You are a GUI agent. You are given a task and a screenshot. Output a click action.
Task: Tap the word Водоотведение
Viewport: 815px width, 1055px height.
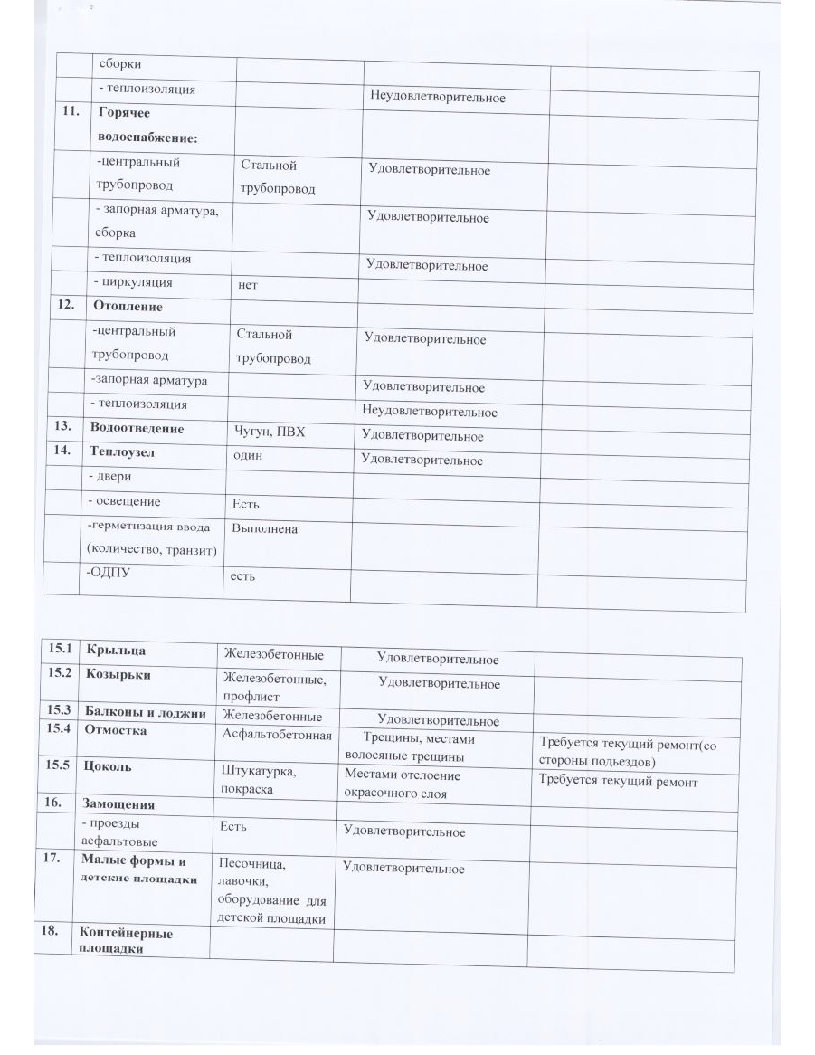pos(137,428)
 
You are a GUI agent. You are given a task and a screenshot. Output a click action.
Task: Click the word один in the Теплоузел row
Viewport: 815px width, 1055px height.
pos(248,455)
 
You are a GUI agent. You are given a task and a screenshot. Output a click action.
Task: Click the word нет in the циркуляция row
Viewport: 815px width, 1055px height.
pos(247,284)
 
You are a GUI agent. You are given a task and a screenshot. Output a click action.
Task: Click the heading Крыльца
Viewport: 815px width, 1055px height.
pos(115,650)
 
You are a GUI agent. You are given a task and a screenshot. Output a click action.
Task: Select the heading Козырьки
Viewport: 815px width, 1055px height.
pos(118,674)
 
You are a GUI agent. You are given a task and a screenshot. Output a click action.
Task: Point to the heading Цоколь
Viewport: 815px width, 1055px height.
pos(108,765)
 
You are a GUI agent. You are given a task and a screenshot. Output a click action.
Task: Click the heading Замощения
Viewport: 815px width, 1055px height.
pos(118,803)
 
